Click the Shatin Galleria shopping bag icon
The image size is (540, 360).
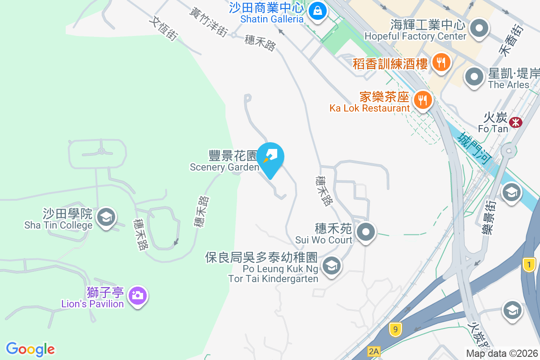[x=318, y=11]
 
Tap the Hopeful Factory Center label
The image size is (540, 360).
[x=415, y=36]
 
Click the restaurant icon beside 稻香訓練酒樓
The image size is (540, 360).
[x=440, y=62]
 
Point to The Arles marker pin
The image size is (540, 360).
[x=473, y=77]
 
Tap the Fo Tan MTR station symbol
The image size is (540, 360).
[x=515, y=121]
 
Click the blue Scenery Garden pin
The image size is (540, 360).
[x=270, y=157]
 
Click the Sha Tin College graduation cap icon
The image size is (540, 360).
[x=106, y=217]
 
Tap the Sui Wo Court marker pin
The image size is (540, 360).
[x=365, y=233]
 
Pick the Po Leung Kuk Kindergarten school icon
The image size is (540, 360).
[x=332, y=265]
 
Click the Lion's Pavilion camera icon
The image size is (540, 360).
[x=137, y=296]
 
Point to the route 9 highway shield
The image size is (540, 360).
[x=395, y=329]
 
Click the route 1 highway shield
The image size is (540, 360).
[x=529, y=265]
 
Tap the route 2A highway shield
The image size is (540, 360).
[x=373, y=351]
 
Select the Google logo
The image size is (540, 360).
[x=30, y=349]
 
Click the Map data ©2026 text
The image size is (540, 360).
[x=501, y=353]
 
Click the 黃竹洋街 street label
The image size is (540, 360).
[x=208, y=21]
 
